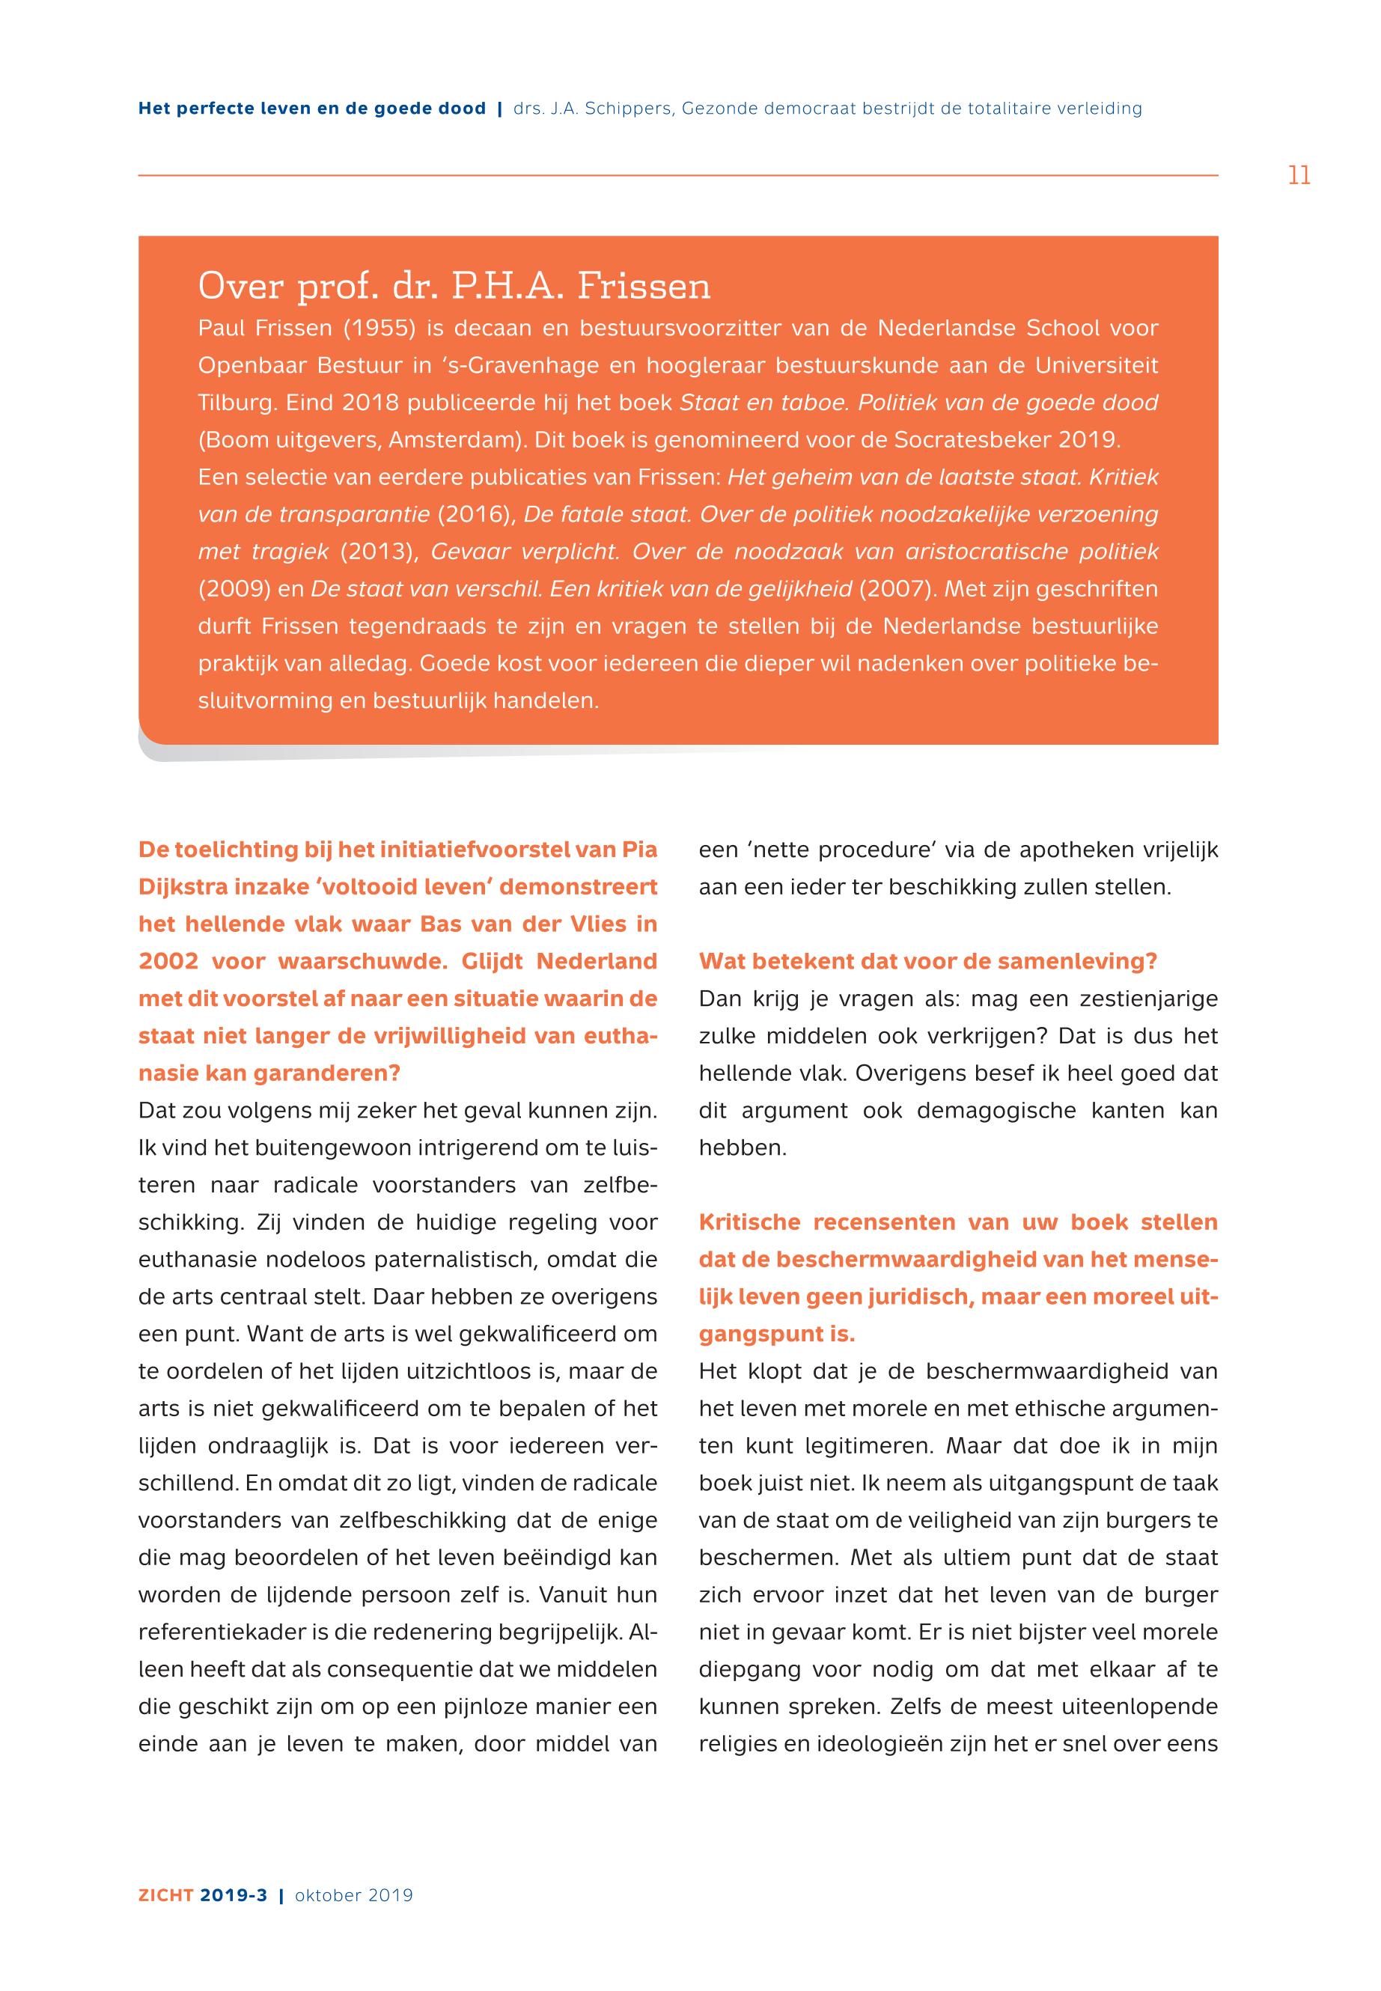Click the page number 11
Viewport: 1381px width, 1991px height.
[1299, 176]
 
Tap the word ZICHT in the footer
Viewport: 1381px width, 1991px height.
[165, 1895]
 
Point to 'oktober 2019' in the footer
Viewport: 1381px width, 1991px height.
[354, 1895]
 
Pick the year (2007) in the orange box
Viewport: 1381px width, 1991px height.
[897, 589]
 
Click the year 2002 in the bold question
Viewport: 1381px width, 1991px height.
[168, 961]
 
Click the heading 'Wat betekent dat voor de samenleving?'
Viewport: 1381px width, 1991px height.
[927, 961]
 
